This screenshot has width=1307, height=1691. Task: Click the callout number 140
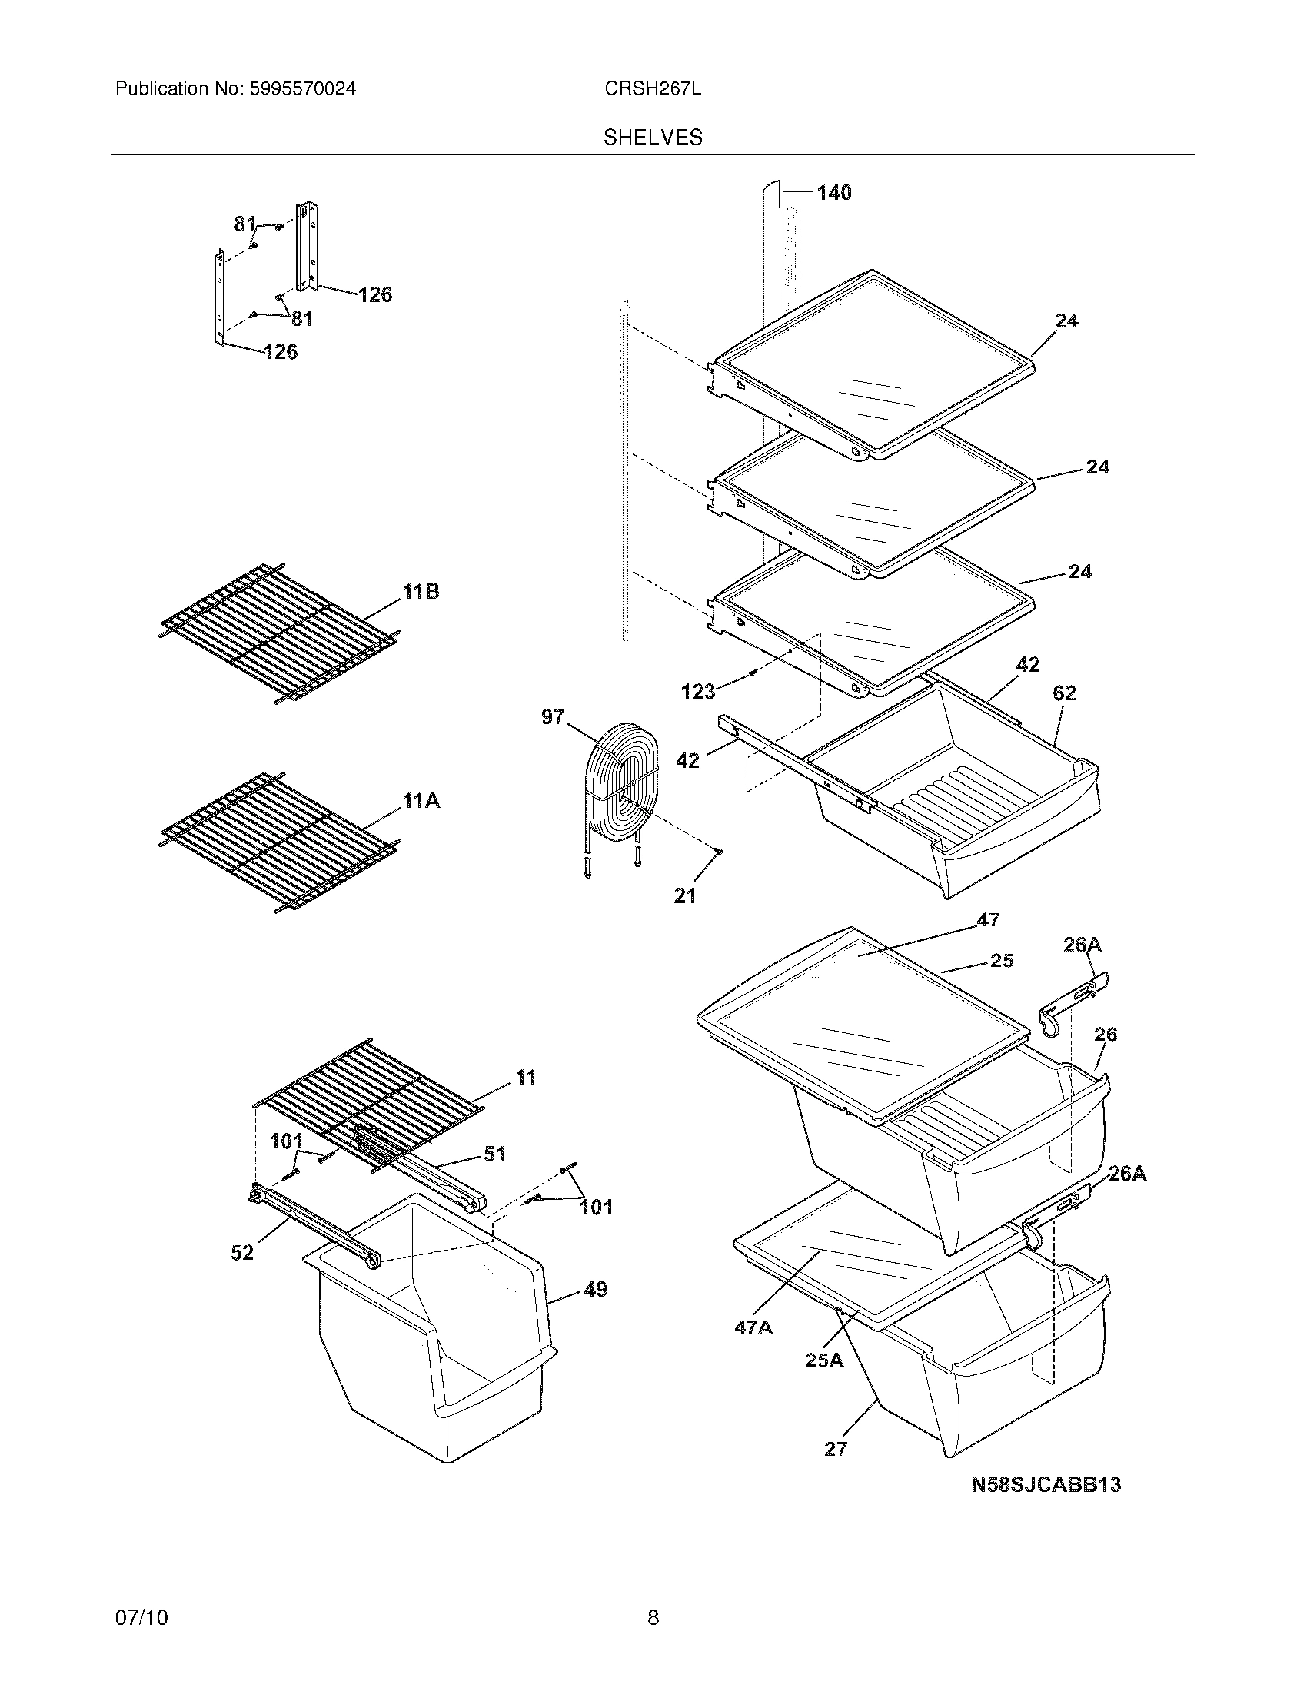coord(834,192)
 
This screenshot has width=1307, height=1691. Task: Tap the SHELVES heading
coord(653,138)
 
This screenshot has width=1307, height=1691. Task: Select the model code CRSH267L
coord(653,89)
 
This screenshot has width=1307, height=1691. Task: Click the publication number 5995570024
coord(302,89)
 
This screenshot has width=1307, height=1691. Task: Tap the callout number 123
coord(697,692)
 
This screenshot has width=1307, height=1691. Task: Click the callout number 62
coord(1064,693)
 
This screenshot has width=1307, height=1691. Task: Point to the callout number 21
coord(684,895)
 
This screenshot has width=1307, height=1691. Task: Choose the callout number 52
coord(242,1252)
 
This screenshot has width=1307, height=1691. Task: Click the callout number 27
coord(836,1448)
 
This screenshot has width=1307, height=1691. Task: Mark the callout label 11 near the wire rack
coord(526,1077)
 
